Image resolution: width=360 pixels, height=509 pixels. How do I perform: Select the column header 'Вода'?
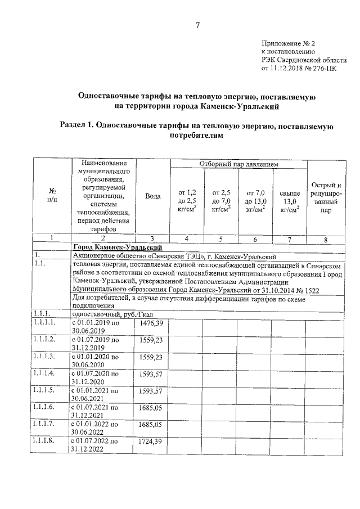[x=153, y=196]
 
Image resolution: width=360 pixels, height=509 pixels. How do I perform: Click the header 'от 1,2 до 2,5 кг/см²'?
[x=187, y=200]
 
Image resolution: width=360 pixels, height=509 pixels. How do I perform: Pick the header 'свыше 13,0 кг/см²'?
[x=290, y=200]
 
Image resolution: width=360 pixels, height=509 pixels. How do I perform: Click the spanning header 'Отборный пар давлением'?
[x=238, y=164]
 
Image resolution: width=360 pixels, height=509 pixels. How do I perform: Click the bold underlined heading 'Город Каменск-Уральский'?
[x=118, y=247]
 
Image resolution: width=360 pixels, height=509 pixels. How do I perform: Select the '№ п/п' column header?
[x=52, y=196]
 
